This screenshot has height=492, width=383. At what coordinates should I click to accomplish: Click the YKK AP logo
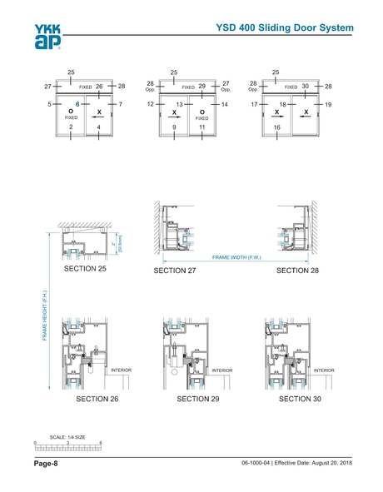point(47,37)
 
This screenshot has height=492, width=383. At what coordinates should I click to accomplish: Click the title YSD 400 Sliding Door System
point(285,27)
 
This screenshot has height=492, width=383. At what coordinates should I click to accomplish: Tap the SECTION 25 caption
point(85,269)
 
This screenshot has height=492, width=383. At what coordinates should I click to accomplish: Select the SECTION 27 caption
point(175,271)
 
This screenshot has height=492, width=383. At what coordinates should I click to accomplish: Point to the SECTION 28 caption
point(297,271)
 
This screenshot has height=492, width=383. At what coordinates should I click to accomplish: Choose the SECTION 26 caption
point(97,399)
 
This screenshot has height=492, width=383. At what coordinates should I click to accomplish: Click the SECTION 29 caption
point(198,399)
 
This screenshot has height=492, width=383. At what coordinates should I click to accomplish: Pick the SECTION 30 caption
point(300,399)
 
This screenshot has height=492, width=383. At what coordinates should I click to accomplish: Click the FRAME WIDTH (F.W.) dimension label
point(236,257)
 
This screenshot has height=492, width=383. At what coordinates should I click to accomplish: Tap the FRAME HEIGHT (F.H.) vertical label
point(45,316)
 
